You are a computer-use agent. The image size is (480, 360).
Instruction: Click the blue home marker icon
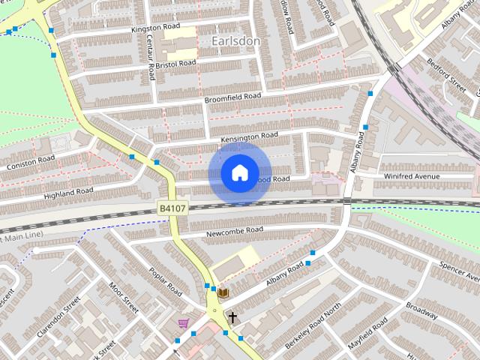[239, 173]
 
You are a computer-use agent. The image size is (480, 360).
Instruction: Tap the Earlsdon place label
[235, 40]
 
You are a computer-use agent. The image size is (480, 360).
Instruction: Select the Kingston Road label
[156, 28]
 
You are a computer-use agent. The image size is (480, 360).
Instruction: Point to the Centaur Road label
[151, 58]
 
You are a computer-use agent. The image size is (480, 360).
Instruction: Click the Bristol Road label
[176, 63]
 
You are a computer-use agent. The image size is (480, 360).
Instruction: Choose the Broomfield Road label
[232, 98]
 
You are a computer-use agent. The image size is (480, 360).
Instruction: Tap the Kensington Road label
[249, 137]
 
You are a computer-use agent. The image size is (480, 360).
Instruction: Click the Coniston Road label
[31, 161]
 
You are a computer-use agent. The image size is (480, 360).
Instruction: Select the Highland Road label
[68, 193]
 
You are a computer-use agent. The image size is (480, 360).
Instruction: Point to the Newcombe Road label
[235, 232]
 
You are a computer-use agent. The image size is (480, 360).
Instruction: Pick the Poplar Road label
[165, 280]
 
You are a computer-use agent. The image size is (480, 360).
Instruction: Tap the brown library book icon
[223, 292]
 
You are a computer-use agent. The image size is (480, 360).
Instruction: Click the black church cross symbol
[232, 318]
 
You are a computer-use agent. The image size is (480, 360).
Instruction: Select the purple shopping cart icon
[184, 323]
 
